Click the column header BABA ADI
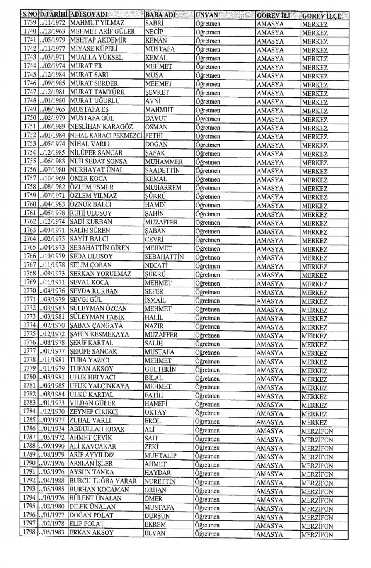tap(160, 15)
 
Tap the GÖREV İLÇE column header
tap(322, 16)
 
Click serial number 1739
tap(29, 23)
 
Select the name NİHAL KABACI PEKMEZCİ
tap(107, 136)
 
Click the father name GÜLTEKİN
tap(160, 369)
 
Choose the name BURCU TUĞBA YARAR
tap(103, 481)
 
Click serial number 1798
tap(29, 533)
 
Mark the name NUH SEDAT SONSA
tap(98, 162)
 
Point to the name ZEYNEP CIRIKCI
tap(94, 412)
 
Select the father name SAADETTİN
tap(162, 170)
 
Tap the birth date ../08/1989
tap(53, 127)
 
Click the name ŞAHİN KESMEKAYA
tap(99, 334)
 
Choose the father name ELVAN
tap(155, 533)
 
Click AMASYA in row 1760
tap(270, 206)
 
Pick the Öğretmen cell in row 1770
tap(208, 292)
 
